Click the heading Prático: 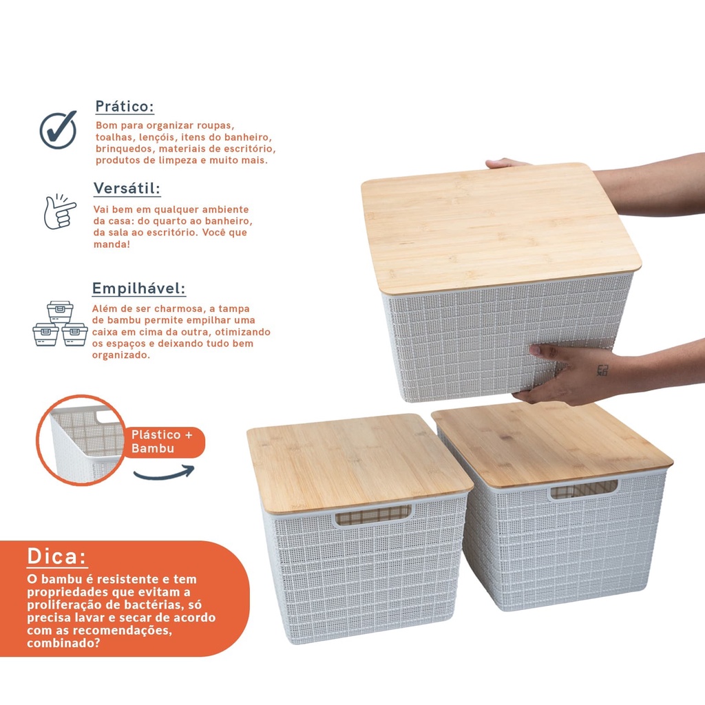click(x=125, y=107)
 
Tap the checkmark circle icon click(x=58, y=129)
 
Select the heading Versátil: click(x=127, y=188)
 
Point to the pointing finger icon click(x=60, y=211)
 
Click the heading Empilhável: click(x=138, y=288)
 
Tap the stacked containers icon click(x=60, y=324)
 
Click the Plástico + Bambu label click(x=162, y=441)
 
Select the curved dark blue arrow click(x=164, y=474)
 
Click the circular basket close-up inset click(x=81, y=439)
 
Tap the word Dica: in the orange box click(x=56, y=556)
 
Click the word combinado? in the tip click(x=63, y=643)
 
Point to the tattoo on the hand click(x=602, y=370)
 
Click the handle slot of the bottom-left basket click(x=372, y=516)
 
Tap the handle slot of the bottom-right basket click(x=584, y=490)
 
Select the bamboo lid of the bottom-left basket click(x=359, y=462)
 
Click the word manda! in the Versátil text click(x=112, y=244)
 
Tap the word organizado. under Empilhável click(x=121, y=355)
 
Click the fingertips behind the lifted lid click(x=506, y=163)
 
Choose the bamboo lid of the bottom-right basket click(x=552, y=444)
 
